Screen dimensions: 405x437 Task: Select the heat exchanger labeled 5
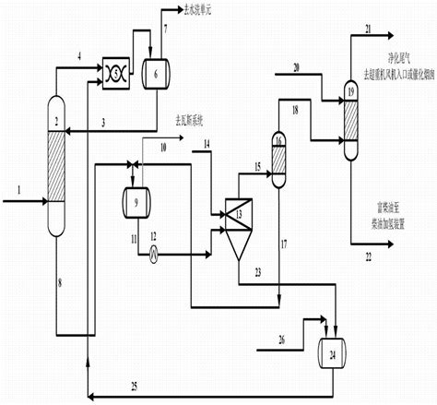click(119, 68)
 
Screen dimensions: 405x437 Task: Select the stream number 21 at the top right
click(370, 30)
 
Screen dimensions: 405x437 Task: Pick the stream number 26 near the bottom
click(281, 339)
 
